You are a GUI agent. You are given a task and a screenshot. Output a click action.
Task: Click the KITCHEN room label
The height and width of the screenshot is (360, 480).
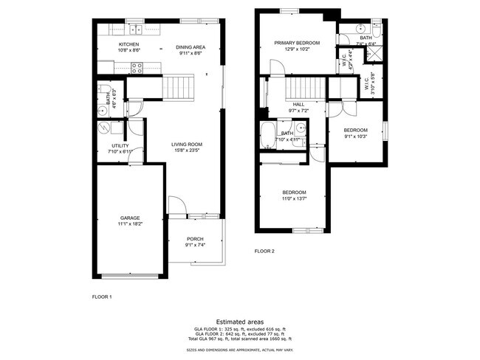(x=129, y=44)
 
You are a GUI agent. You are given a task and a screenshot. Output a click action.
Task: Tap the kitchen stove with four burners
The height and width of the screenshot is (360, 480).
(x=137, y=67)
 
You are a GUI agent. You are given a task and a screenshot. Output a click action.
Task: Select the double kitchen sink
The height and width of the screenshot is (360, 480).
(x=137, y=30)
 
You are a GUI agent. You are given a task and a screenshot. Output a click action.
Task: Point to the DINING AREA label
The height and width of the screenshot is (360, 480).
(x=190, y=47)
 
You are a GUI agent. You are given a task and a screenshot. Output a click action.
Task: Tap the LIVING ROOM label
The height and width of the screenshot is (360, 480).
(x=187, y=145)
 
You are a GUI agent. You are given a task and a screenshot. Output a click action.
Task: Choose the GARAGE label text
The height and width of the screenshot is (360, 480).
(x=130, y=218)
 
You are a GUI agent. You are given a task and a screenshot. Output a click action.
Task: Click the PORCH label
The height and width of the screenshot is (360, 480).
(x=195, y=239)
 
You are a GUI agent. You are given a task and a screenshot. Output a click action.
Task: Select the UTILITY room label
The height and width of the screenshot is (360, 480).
(x=120, y=145)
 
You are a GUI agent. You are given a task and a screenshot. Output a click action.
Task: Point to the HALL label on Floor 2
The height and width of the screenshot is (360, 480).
(x=298, y=104)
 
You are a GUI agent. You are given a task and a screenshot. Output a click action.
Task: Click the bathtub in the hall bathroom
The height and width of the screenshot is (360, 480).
(x=267, y=137)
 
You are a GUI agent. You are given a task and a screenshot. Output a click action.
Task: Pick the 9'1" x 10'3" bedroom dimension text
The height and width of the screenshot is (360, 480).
(x=356, y=136)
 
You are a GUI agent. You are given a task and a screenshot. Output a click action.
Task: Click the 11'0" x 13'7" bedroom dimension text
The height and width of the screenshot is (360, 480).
(x=294, y=198)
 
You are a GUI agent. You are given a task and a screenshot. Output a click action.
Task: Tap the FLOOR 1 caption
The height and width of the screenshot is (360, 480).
(x=102, y=297)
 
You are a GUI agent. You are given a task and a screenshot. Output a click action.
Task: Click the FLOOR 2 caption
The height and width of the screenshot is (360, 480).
(x=264, y=252)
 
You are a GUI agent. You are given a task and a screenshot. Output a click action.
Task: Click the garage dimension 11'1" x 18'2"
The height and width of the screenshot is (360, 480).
(x=130, y=224)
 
